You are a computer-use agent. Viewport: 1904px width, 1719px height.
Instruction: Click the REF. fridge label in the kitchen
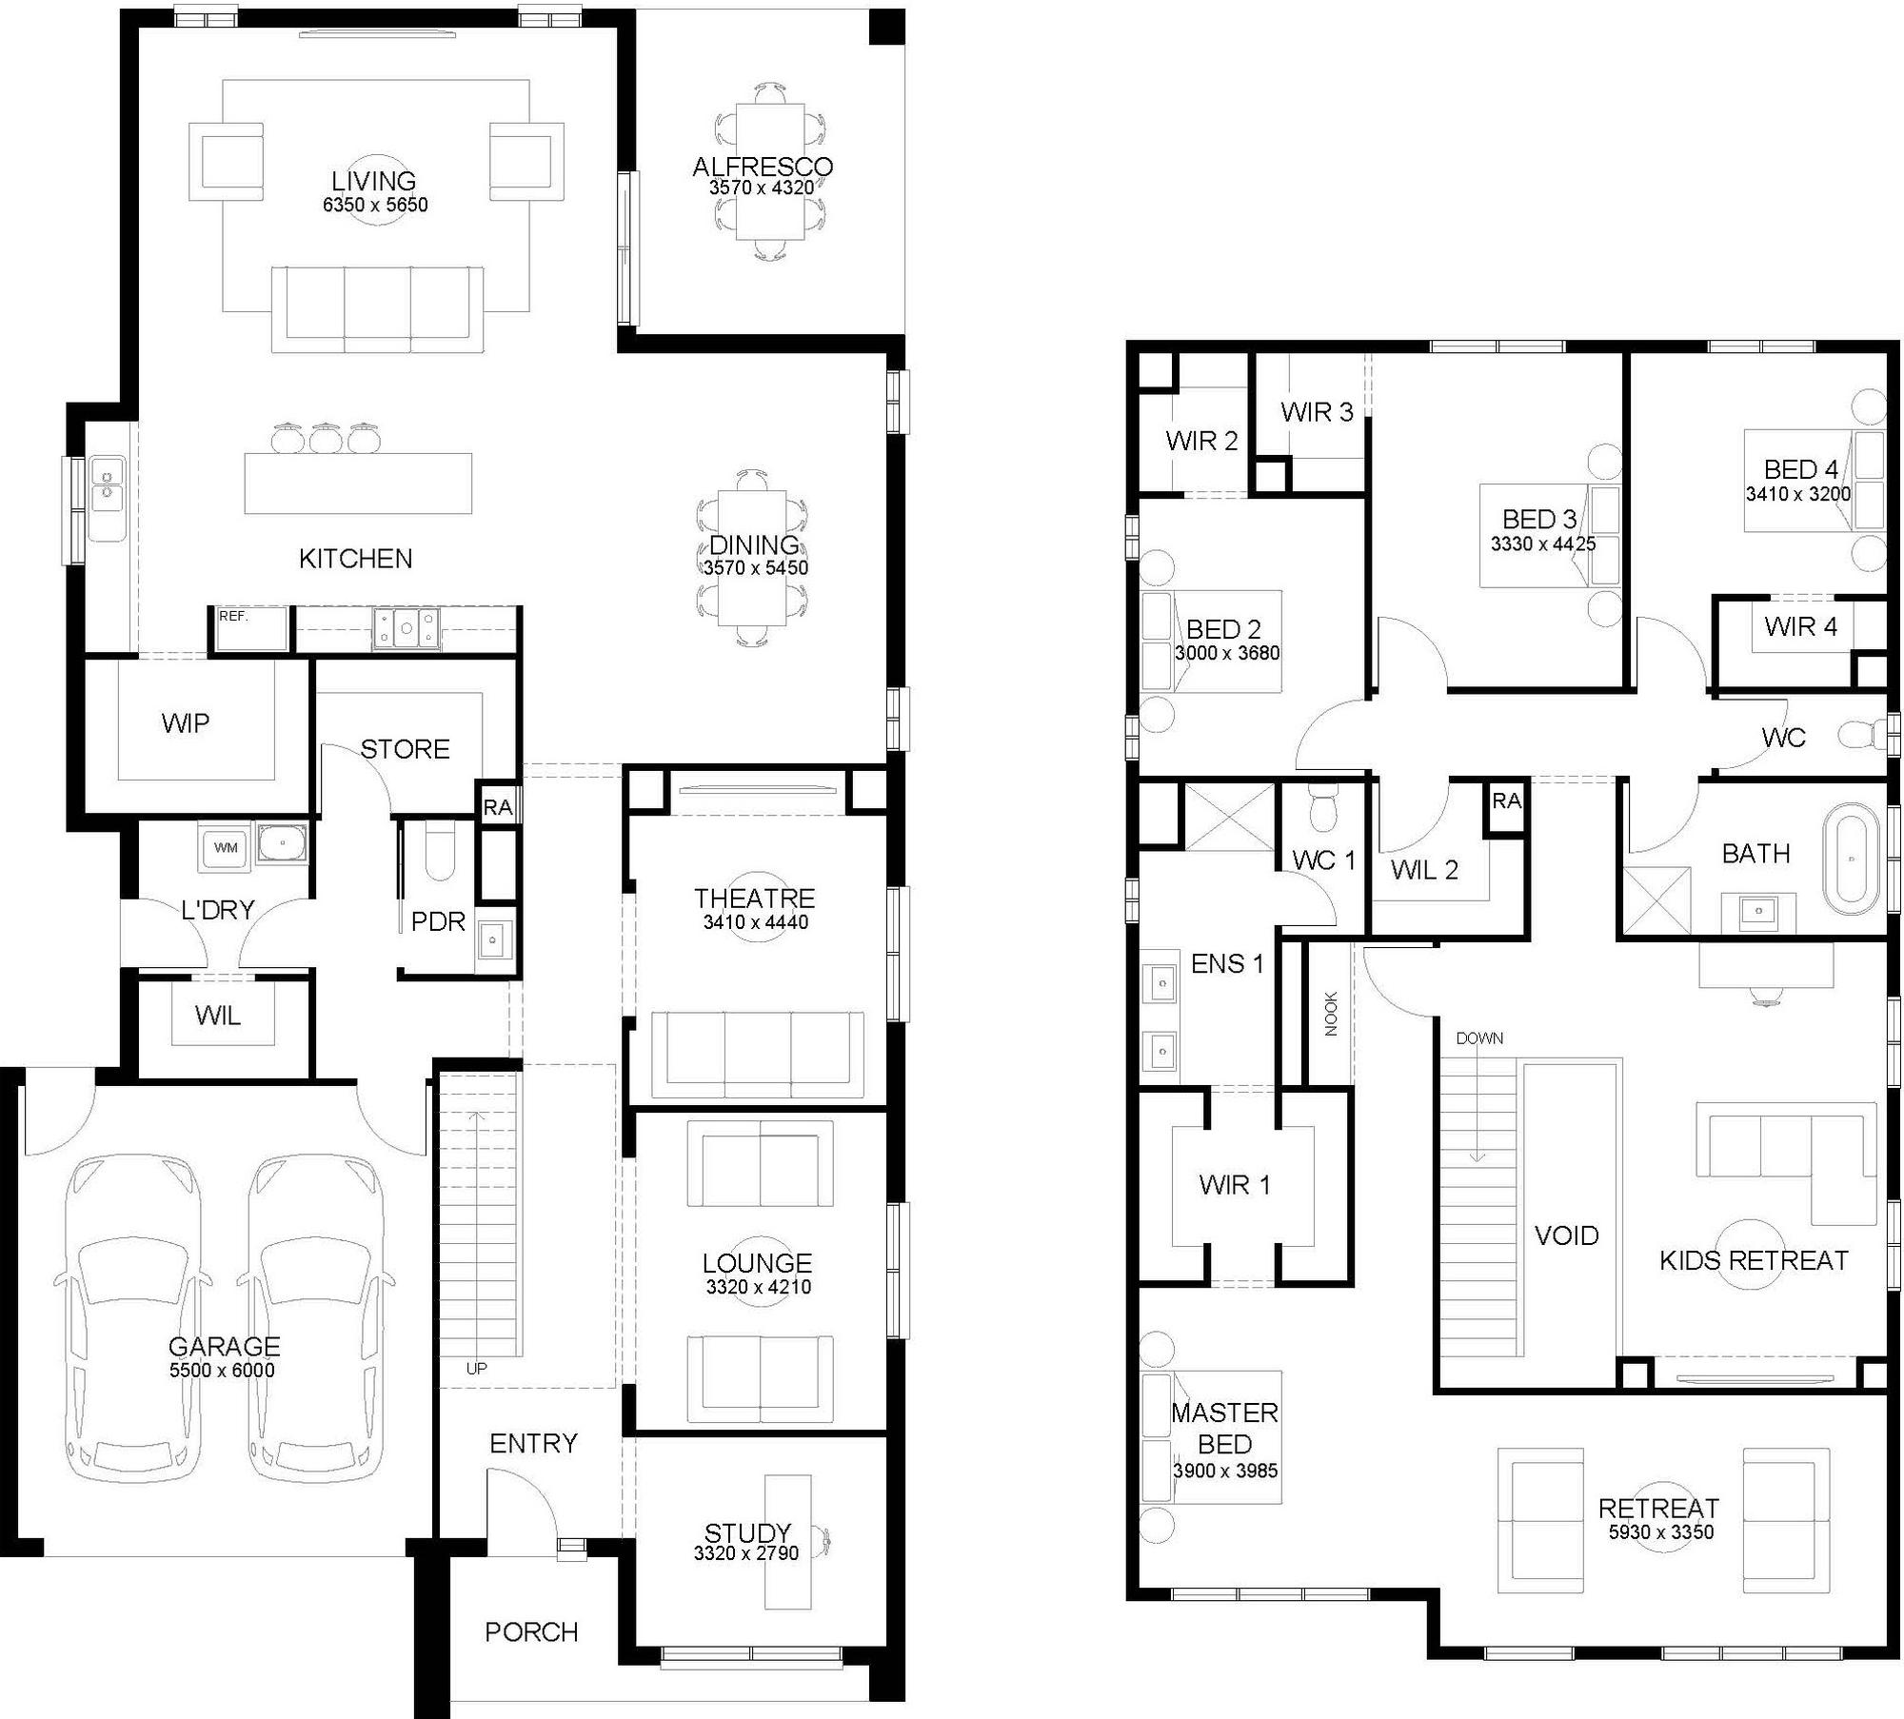click(x=232, y=616)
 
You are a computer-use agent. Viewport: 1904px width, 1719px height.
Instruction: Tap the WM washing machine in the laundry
click(x=225, y=847)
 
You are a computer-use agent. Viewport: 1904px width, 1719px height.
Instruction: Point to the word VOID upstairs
click(x=1566, y=1235)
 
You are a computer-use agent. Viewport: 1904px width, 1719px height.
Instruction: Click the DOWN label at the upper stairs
click(x=1479, y=1038)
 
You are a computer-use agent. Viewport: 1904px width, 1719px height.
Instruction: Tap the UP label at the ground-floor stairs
click(x=477, y=1369)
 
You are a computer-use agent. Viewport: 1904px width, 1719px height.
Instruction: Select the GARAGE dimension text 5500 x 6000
click(x=222, y=1371)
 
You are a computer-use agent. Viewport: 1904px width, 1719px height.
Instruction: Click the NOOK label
click(x=1331, y=1014)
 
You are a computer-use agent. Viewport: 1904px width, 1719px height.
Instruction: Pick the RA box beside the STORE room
click(x=497, y=808)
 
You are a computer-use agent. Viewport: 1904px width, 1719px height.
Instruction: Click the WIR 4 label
click(x=1800, y=626)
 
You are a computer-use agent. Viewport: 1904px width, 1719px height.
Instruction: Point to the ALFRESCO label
click(x=763, y=167)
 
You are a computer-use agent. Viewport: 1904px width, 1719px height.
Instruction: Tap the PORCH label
click(x=531, y=1632)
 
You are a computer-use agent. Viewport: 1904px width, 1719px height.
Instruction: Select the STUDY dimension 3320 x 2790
click(x=746, y=1553)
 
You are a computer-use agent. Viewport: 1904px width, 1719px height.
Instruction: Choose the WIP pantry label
click(x=185, y=723)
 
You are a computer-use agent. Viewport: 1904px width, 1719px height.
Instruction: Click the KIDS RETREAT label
click(x=1754, y=1260)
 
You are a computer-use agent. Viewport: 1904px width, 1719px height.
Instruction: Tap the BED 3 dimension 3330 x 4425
click(x=1543, y=544)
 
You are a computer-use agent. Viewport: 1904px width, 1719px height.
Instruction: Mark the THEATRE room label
click(x=754, y=899)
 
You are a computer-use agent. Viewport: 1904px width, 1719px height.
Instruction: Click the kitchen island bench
click(x=358, y=484)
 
